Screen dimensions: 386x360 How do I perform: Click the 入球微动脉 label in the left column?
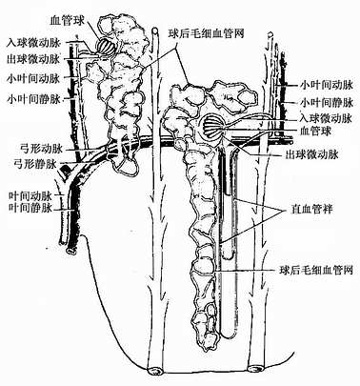32,41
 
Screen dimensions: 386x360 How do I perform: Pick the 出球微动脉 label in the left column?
32,59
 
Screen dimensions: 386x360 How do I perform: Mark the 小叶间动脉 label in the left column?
32,77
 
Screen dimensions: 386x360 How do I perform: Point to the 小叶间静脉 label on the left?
32,97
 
